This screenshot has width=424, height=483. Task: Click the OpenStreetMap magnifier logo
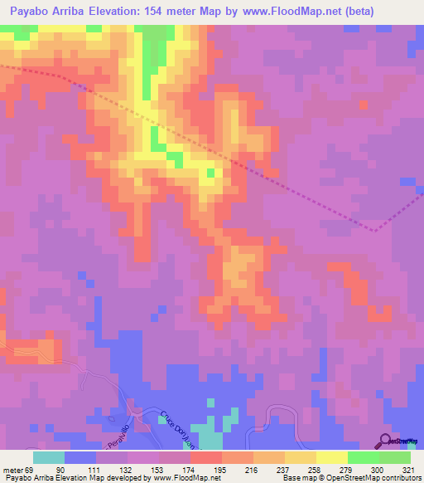coord(387,441)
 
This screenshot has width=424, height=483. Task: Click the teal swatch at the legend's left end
coord(49,457)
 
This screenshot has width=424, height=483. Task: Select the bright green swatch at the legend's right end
coord(395,457)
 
